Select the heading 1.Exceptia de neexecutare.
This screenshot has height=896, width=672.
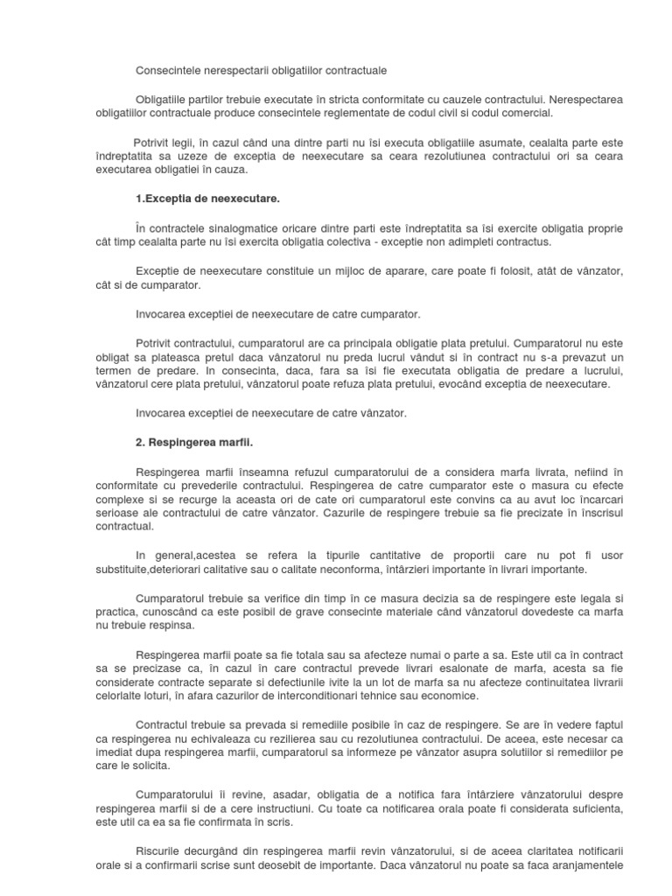tap(197, 199)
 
